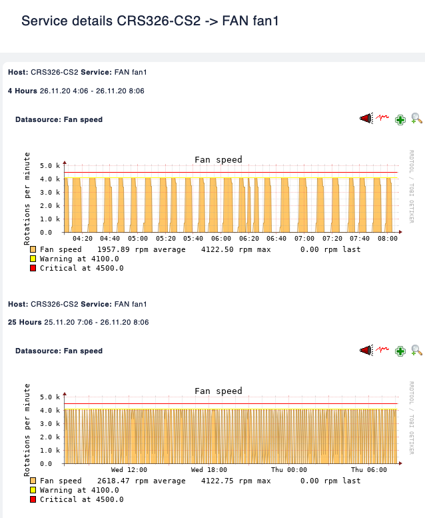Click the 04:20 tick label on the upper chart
pyautogui.click(x=83, y=238)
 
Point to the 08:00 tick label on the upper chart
pyautogui.click(x=388, y=238)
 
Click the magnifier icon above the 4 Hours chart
pyautogui.click(x=417, y=119)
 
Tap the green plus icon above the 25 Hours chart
pyautogui.click(x=400, y=351)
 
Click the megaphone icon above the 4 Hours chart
pyautogui.click(x=366, y=119)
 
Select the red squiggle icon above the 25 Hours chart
pyautogui.click(x=382, y=349)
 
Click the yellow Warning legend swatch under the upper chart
pyautogui.click(x=33, y=259)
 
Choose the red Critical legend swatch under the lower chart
pyautogui.click(x=33, y=499)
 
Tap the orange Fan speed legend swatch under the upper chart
pyautogui.click(x=33, y=249)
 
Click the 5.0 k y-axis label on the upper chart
pyautogui.click(x=50, y=165)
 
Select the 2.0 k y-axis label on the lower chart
pyautogui.click(x=50, y=437)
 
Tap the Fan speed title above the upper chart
pyautogui.click(x=218, y=159)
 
